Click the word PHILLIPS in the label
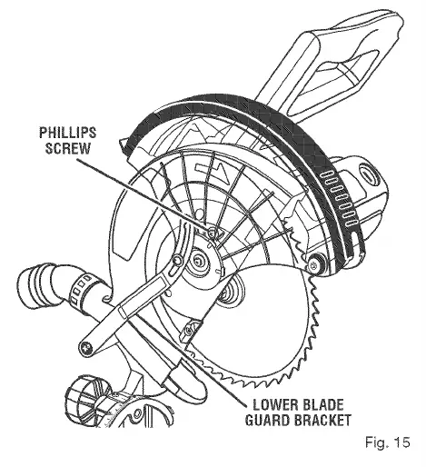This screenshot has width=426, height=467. coord(68,133)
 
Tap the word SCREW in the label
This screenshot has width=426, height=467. coord(68,148)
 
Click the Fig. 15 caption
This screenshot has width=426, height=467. coord(388,442)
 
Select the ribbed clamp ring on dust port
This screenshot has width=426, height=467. coord(79,290)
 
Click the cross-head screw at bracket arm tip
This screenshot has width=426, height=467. coord(87,347)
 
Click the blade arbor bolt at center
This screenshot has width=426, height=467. coord(199,261)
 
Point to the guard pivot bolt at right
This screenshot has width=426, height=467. coord(313,266)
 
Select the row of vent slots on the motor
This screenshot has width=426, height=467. coord(339,198)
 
